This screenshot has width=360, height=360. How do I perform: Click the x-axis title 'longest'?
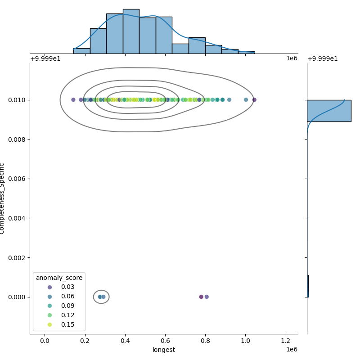click(x=164, y=350)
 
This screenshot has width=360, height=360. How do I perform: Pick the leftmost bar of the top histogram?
click(x=81, y=51)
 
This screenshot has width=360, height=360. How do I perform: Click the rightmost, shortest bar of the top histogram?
click(x=246, y=53)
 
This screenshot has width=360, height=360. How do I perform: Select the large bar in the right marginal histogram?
click(x=328, y=111)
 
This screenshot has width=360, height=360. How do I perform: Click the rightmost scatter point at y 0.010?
click(x=254, y=100)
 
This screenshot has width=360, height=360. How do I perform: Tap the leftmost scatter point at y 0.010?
click(x=73, y=100)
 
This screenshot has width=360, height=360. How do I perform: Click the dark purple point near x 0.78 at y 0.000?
click(x=201, y=297)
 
